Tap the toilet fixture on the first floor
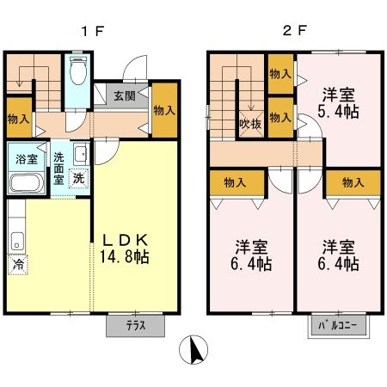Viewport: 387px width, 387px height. pos(77,72)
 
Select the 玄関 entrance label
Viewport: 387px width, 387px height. pos(122,96)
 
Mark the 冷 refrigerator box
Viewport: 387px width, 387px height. pos(18,265)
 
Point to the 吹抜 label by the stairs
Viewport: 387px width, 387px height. pos(250,123)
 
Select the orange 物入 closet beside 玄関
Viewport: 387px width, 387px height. pos(165,110)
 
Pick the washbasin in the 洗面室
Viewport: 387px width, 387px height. pos(79,156)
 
